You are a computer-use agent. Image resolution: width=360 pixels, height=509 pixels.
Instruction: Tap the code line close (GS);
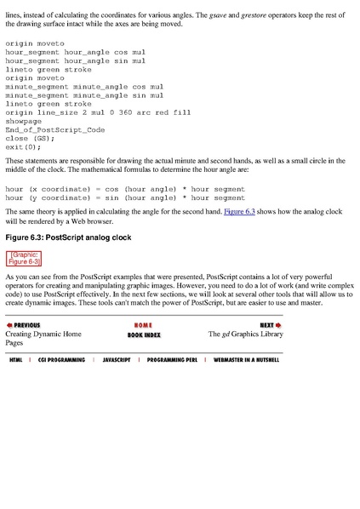coord(30,138)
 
